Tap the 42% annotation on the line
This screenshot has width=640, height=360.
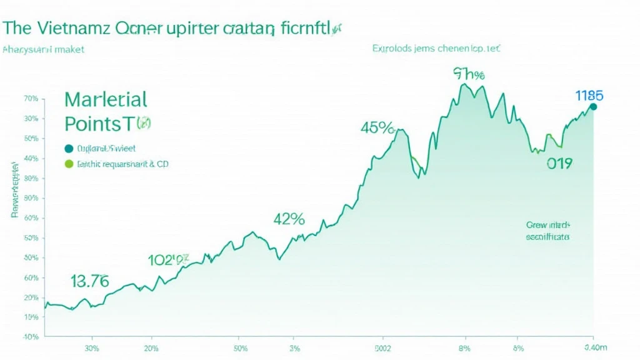[x=289, y=219]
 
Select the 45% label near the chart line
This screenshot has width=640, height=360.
[x=377, y=129]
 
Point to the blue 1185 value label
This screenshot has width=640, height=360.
[x=588, y=96]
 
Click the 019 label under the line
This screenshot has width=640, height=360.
[x=559, y=164]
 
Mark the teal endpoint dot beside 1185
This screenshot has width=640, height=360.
[x=593, y=107]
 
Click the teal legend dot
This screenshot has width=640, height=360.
[x=69, y=149]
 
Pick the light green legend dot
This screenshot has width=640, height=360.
[x=69, y=164]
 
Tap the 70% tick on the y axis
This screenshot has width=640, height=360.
[x=31, y=99]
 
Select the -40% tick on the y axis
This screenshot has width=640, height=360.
[x=30, y=337]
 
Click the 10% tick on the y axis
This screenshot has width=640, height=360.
[x=31, y=317]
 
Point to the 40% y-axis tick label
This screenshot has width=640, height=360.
[x=31, y=159]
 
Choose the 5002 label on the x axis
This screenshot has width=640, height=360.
[x=383, y=348]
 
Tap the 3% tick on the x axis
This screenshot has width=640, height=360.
[x=296, y=348]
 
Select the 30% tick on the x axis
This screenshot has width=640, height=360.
[x=91, y=348]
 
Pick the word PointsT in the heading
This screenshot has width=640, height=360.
[x=99, y=124]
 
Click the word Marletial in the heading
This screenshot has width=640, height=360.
[x=106, y=99]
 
